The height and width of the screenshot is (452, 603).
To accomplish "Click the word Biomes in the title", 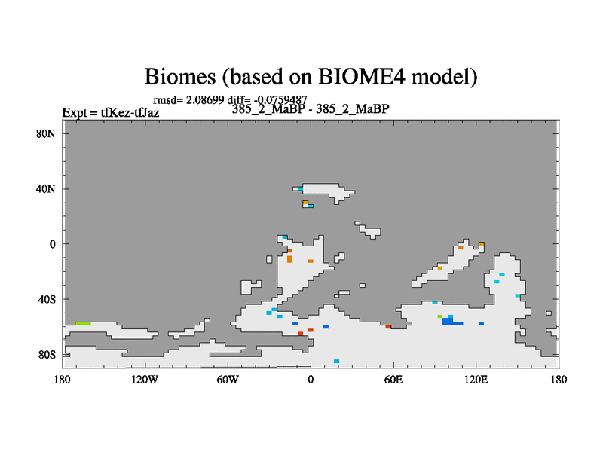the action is (179, 76).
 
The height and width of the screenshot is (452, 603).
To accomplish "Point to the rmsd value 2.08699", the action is (205, 100).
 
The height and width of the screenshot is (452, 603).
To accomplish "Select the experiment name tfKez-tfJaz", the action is (130, 112).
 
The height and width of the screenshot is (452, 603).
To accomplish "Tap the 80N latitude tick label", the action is (46, 134).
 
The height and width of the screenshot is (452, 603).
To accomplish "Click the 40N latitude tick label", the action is (46, 189).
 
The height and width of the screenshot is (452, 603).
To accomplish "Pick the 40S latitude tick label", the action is (47, 299).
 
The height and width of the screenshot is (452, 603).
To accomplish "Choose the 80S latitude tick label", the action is (47, 354).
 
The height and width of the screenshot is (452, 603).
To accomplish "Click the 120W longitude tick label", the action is (145, 380).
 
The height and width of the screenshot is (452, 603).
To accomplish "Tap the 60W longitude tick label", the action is (228, 380).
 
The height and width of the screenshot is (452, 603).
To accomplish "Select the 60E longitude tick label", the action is (393, 380).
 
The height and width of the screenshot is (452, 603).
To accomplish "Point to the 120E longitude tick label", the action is (476, 380).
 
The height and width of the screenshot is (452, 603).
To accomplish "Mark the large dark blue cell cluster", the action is (451, 321).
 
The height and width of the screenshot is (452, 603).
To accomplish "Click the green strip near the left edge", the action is (83, 324).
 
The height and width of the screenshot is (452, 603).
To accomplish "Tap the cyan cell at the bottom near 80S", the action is (336, 362).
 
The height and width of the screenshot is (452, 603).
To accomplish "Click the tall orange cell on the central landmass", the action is (289, 259).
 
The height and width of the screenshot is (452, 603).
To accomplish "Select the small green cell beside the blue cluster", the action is (440, 316).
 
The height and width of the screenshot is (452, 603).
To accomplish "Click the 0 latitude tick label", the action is (52, 244).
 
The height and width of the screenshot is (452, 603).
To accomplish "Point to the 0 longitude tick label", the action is (311, 380).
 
